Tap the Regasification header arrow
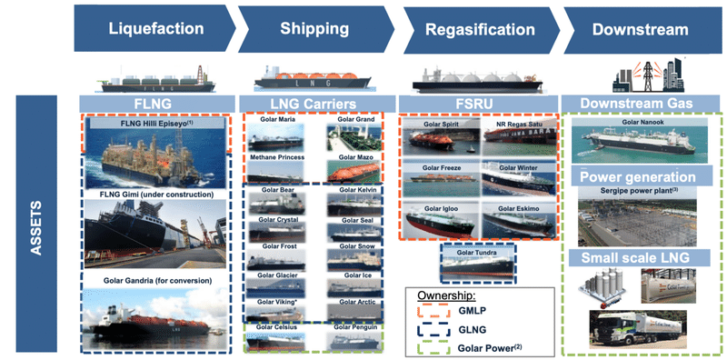pyautogui.click(x=473, y=29)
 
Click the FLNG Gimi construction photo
pyautogui.click(x=156, y=234)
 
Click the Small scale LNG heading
pyautogui.click(x=638, y=257)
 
